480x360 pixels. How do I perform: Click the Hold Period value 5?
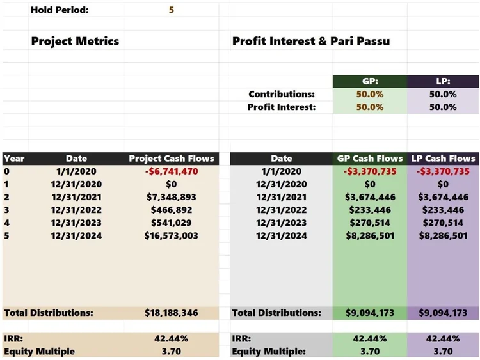coord(172,10)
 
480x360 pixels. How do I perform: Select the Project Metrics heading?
coord(75,42)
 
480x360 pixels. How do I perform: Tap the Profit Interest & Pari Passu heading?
coord(311,42)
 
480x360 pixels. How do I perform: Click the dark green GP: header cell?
coord(369,82)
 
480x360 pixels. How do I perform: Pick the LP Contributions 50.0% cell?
coord(443,94)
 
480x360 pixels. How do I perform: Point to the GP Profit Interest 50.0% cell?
coord(369,107)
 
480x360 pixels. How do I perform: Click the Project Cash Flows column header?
coord(172,159)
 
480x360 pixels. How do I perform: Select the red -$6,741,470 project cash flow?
coord(172,171)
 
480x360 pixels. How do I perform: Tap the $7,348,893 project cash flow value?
coord(172,197)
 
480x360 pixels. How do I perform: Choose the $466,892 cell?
coord(172,210)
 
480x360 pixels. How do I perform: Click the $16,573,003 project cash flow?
coord(172,235)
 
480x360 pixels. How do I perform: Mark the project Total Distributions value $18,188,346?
coord(172,313)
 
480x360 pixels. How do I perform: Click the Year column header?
coord(13,159)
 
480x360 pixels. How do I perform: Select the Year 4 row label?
coord(6,223)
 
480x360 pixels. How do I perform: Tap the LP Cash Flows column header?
coord(443,159)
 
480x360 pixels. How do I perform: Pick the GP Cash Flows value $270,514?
coord(369,223)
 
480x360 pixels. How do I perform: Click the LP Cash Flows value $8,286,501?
coord(443,235)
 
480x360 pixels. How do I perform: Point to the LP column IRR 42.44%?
coord(443,339)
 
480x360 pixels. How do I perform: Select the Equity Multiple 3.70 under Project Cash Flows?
coord(172,351)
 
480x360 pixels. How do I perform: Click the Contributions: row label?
coord(282,94)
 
